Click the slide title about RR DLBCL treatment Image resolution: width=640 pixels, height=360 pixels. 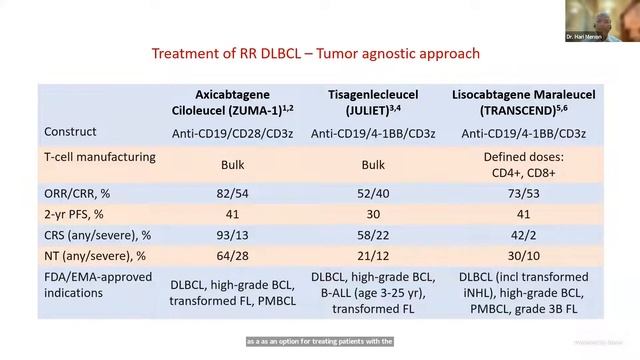(314, 52)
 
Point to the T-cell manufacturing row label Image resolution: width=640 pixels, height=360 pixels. (100, 157)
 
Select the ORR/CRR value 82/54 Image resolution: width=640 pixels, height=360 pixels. (233, 190)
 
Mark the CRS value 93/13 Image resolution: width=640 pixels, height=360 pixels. (233, 236)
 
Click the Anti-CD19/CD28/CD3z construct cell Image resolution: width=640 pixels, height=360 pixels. (233, 133)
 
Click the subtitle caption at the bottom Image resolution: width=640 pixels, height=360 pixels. (320, 341)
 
